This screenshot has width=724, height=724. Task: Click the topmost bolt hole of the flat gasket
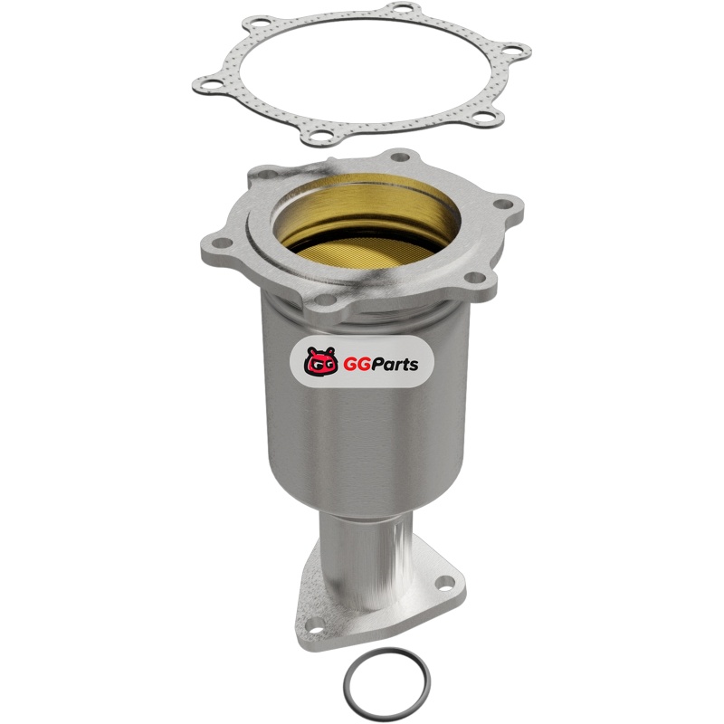(403, 8)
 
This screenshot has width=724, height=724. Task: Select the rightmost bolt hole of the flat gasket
(511, 50)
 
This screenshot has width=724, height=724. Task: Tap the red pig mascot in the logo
(319, 360)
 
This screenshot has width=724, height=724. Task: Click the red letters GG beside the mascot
(353, 365)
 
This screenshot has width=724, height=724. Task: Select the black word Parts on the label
(392, 365)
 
